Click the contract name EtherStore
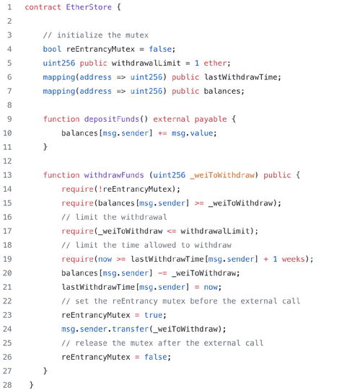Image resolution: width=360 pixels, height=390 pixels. tap(89, 7)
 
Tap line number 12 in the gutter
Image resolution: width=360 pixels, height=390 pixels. tap(7, 161)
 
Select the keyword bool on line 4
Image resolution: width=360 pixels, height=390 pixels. tap(52, 49)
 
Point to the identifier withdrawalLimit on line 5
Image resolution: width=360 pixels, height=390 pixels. tap(146, 63)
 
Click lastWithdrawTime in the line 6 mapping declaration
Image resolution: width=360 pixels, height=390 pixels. tap(241, 77)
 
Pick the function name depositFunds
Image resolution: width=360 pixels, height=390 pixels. tap(112, 119)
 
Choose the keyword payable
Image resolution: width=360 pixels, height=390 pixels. tap(211, 119)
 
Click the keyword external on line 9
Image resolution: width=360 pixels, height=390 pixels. tap(171, 119)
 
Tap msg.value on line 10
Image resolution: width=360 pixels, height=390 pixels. tap(192, 133)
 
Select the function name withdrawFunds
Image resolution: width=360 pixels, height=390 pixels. tap(114, 175)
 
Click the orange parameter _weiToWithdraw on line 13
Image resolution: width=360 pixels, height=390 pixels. tap(222, 175)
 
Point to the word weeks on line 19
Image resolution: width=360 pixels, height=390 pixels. tap(294, 259)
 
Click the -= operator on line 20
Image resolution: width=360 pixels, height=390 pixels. tap(162, 273)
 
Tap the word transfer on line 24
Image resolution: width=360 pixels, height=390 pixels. tap(130, 329)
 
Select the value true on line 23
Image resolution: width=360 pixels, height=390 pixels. tap(154, 315)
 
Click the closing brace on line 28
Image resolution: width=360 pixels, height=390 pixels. tap(31, 385)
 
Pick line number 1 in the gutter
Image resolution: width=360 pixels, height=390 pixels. tap(9, 7)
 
